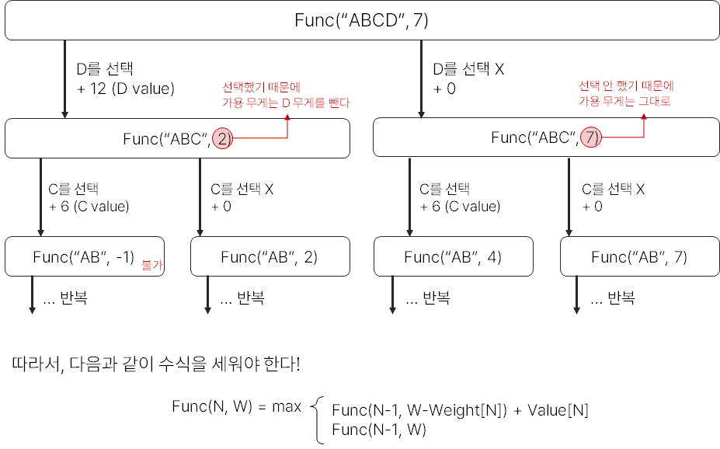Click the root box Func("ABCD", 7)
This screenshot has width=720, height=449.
[x=361, y=20]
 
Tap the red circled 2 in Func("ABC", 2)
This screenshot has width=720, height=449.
[x=223, y=138]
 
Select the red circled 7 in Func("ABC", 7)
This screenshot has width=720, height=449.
[x=591, y=137]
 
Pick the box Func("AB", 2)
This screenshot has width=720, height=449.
[x=269, y=256]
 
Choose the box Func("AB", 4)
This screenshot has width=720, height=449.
[x=453, y=256]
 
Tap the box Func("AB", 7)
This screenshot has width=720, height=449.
[x=639, y=256]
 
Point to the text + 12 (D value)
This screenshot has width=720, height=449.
[x=126, y=89]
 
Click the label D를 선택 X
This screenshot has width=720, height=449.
[x=468, y=70]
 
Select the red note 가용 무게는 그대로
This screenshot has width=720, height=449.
[x=624, y=102]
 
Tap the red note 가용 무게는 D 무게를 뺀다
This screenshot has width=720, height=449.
[x=286, y=102]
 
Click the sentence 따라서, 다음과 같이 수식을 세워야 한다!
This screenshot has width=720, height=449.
[x=156, y=364]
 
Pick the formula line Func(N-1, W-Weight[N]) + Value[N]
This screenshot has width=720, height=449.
[x=460, y=411]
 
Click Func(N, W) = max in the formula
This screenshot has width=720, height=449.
[x=237, y=405]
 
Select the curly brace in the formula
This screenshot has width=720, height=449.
[x=318, y=420]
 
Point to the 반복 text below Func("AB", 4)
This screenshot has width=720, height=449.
[x=436, y=298]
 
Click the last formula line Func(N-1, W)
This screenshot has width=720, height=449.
[x=379, y=430]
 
